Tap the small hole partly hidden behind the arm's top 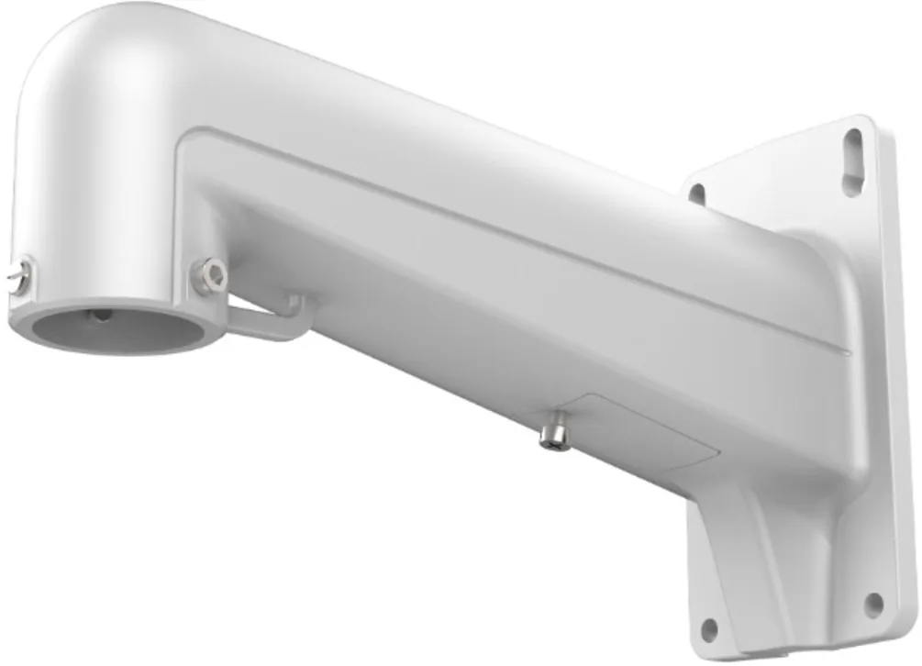pos(696,194)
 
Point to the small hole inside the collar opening pos(100,315)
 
